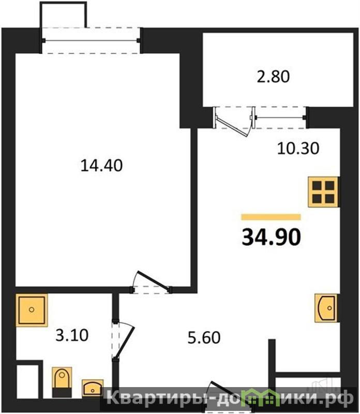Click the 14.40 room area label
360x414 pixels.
(101, 166)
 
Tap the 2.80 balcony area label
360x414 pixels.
(274, 77)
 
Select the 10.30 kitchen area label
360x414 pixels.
(298, 148)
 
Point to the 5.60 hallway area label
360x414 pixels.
(204, 338)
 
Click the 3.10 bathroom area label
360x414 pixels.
(72, 335)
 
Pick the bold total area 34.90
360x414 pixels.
(272, 237)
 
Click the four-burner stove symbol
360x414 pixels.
(323, 192)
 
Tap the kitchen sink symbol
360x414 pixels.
(326, 308)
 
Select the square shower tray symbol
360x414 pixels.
(32, 309)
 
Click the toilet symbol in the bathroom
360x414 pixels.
(62, 382)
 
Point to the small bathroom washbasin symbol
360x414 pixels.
(93, 388)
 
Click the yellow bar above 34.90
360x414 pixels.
(271, 217)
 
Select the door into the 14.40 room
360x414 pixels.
(151, 283)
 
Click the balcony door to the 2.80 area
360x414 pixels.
(233, 122)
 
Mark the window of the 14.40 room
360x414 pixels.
(91, 40)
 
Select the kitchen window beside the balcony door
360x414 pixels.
(280, 117)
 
